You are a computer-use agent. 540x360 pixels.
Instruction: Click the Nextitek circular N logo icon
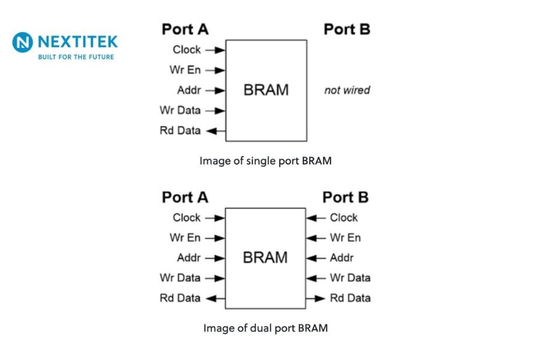23,43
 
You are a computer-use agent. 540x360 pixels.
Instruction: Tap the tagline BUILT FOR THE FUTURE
76,57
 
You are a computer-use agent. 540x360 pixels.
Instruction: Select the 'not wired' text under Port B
347,90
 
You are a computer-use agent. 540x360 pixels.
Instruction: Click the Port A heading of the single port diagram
185,29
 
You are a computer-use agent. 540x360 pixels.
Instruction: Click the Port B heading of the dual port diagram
346,197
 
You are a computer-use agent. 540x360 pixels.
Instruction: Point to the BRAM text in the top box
266,90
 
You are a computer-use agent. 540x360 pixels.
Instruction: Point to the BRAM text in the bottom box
265,257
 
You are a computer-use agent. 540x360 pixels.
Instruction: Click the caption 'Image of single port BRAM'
265,161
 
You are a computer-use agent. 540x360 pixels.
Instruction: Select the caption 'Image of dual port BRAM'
265,328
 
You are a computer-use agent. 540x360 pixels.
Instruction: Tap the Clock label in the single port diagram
187,50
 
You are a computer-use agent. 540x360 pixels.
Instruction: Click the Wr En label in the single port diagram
185,70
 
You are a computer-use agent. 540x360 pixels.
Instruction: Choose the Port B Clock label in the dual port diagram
343,218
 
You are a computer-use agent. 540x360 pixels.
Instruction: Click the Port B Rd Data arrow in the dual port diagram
316,298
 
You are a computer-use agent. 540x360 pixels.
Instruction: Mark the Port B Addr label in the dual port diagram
341,258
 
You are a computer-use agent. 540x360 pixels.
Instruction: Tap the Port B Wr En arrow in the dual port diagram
316,238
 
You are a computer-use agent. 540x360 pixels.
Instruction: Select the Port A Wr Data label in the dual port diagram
180,278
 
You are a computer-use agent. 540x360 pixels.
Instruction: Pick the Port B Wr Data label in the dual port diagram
350,278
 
